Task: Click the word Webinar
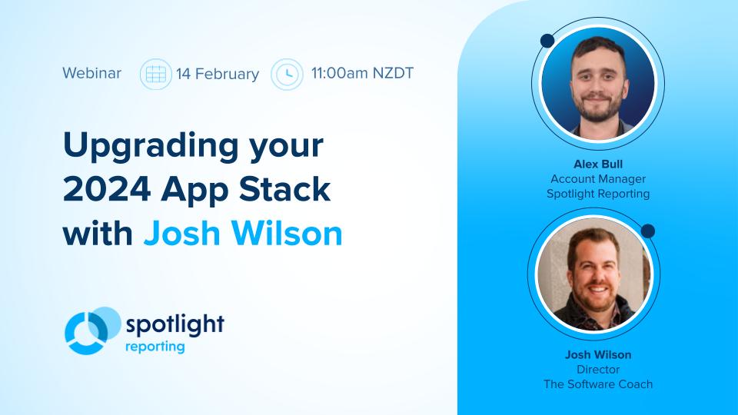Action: pos(91,74)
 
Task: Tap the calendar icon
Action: pos(156,75)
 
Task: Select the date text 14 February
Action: pos(218,75)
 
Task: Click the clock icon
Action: pos(287,75)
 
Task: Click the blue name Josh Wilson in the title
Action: pos(243,234)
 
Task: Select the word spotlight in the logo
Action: pos(175,324)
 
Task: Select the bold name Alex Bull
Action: pos(598,164)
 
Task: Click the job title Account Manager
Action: pos(598,179)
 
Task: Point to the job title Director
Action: pos(598,370)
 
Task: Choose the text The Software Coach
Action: pos(598,384)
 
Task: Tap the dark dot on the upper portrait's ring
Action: pos(547,41)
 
